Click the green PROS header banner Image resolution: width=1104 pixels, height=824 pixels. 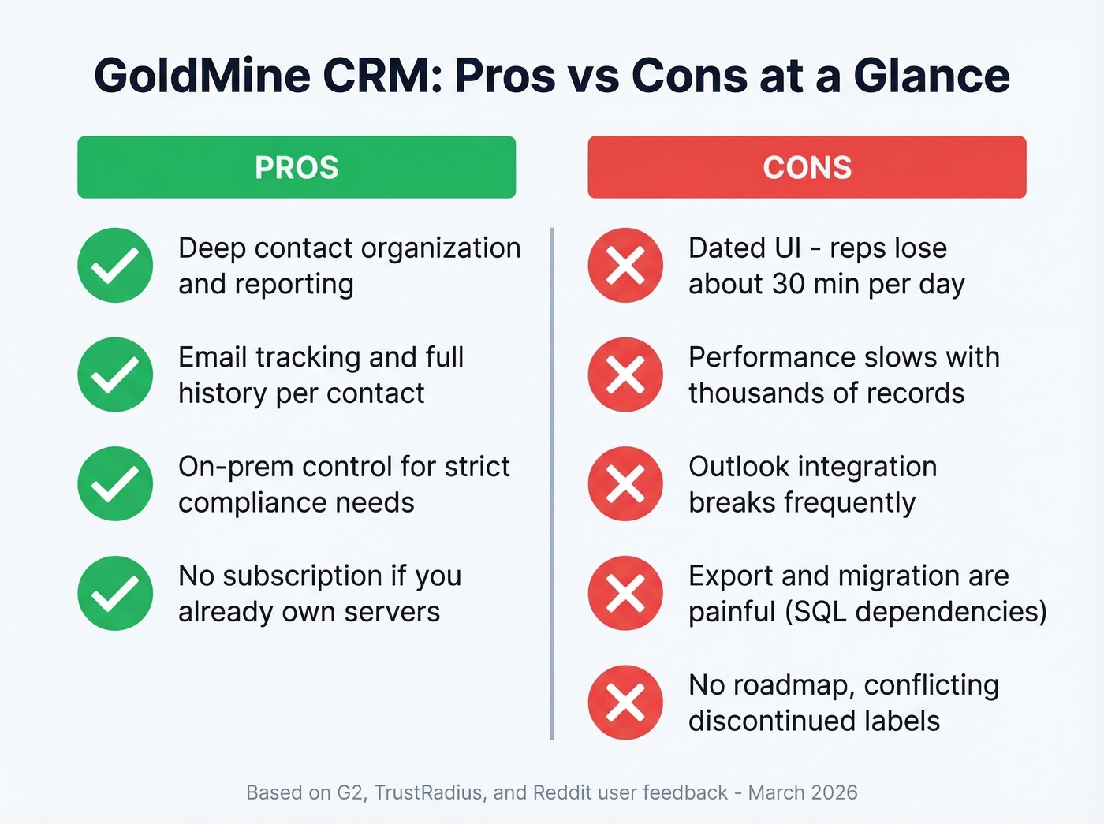[x=297, y=167]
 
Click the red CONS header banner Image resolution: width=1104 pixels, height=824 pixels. [x=807, y=167]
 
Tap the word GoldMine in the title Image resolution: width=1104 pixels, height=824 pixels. [x=202, y=76]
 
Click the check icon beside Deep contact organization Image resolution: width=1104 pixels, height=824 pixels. [x=115, y=266]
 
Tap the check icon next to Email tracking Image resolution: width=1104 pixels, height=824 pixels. [x=115, y=375]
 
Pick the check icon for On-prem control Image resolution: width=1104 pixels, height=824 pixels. [x=115, y=484]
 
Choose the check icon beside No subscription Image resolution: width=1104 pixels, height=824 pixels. [x=115, y=594]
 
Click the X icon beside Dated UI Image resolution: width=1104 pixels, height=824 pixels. [x=625, y=266]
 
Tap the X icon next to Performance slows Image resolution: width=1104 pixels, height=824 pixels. [x=625, y=375]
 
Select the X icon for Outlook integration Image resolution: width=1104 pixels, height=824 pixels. [x=625, y=484]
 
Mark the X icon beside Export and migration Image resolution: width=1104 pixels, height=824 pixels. [x=625, y=594]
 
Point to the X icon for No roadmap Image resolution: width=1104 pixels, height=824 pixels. [x=625, y=703]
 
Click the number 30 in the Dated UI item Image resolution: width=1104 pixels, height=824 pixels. [x=788, y=284]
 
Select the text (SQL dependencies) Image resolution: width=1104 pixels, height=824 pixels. [x=916, y=612]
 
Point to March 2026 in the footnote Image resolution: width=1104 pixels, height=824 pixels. [x=803, y=792]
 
